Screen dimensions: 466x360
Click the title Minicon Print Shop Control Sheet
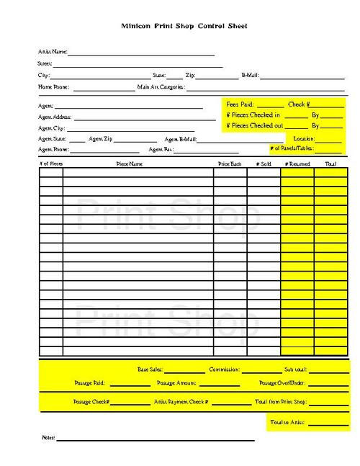click(184, 26)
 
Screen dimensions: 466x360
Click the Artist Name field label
click(53, 52)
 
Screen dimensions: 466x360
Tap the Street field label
click(45, 63)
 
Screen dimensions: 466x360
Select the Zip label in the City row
click(190, 75)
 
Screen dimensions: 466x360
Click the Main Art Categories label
click(161, 87)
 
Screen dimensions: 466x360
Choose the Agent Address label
click(55, 117)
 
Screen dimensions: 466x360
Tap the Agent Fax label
click(161, 150)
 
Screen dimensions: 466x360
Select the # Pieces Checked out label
click(253, 125)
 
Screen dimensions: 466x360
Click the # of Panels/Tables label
click(292, 149)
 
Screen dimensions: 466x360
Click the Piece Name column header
click(130, 164)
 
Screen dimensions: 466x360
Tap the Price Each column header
click(230, 164)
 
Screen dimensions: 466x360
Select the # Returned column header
click(297, 164)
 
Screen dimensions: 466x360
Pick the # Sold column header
click(264, 164)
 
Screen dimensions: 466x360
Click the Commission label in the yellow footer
click(224, 369)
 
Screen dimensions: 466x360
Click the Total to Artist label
click(287, 421)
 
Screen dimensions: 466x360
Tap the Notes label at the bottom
click(48, 438)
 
